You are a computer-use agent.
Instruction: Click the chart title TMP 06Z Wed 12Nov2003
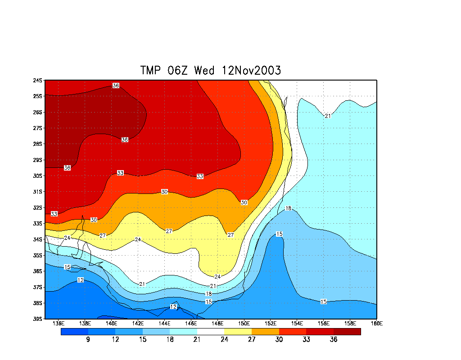pos(211,71)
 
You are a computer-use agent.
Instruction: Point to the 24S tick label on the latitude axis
pos(38,81)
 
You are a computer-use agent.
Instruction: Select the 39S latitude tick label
pos(38,319)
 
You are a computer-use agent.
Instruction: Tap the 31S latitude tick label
pos(38,192)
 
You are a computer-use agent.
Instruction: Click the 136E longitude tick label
pos(59,323)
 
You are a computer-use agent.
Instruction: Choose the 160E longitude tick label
pos(376,323)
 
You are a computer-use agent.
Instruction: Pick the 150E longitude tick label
pos(244,323)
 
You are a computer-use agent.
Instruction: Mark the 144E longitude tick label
pos(164,323)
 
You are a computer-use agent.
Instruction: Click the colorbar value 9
pos(88,340)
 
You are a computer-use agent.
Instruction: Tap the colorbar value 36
pos(333,340)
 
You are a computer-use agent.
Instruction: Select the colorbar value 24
pos(224,340)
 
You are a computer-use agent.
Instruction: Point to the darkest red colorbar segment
pos(347,332)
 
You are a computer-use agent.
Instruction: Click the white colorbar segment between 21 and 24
pos(210,332)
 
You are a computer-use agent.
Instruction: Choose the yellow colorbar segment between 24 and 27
pos(238,332)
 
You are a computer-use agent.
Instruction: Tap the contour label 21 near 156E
pos(328,116)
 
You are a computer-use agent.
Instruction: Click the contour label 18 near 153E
pos(289,208)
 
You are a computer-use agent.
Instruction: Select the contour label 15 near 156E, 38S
pos(324,301)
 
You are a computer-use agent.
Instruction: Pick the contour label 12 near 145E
pos(173,307)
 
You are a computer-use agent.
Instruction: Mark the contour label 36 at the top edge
pos(116,85)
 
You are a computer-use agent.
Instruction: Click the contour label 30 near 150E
pos(244,202)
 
